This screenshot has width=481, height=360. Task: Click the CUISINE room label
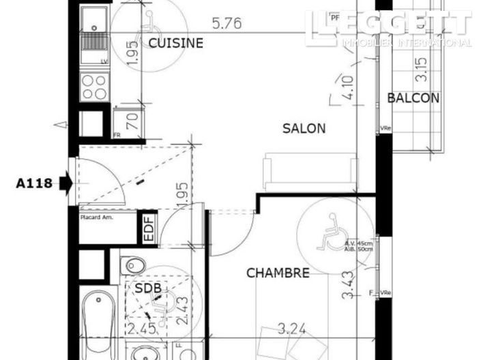(176, 44)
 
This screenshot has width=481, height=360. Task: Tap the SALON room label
(304, 128)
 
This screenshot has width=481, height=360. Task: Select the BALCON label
(413, 98)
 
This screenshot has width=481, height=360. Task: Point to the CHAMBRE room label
(278, 273)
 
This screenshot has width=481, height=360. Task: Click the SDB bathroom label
(147, 288)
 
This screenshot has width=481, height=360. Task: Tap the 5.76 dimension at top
(227, 24)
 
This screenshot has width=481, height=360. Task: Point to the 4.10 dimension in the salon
(347, 87)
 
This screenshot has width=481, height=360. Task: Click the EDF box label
(148, 228)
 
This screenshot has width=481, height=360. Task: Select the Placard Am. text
(97, 217)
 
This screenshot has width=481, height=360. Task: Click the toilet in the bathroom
(135, 265)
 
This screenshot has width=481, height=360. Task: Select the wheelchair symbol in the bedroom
(332, 232)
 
